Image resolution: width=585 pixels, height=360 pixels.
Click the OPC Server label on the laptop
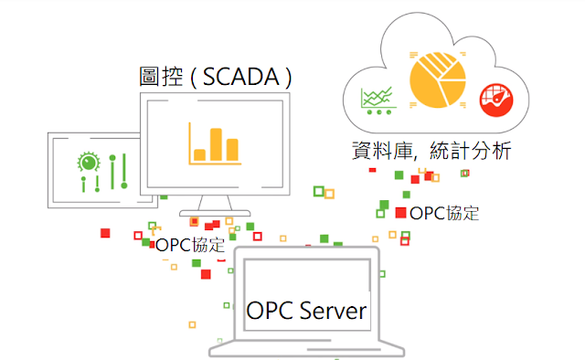[306, 311]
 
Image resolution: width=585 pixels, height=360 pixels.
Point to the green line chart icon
[378, 99]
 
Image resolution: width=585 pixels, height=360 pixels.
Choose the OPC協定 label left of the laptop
[189, 245]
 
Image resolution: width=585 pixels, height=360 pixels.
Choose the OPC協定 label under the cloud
[444, 214]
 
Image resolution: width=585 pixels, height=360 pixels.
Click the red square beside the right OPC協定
[400, 213]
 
